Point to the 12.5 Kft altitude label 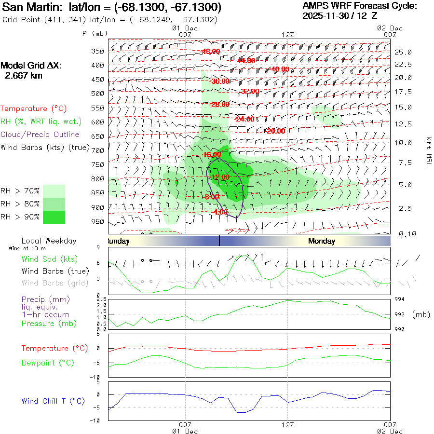coord(403,124)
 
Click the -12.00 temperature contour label coord(220,177)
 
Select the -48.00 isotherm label coord(211,52)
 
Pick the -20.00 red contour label coord(275,131)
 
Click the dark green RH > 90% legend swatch coord(54,217)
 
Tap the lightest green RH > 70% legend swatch coord(54,191)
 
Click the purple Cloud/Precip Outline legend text coord(40,135)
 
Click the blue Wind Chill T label coord(53,401)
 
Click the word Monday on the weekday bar coord(321,241)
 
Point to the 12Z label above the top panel coord(287,34)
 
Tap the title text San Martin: coord(32,8)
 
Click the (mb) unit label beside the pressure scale coord(421,314)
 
